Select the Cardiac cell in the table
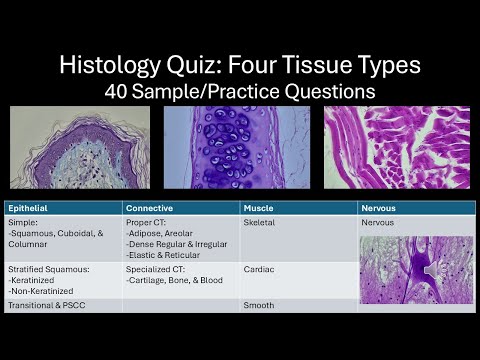tap(259, 269)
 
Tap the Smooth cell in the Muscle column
tap(259, 305)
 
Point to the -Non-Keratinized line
tap(40, 290)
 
